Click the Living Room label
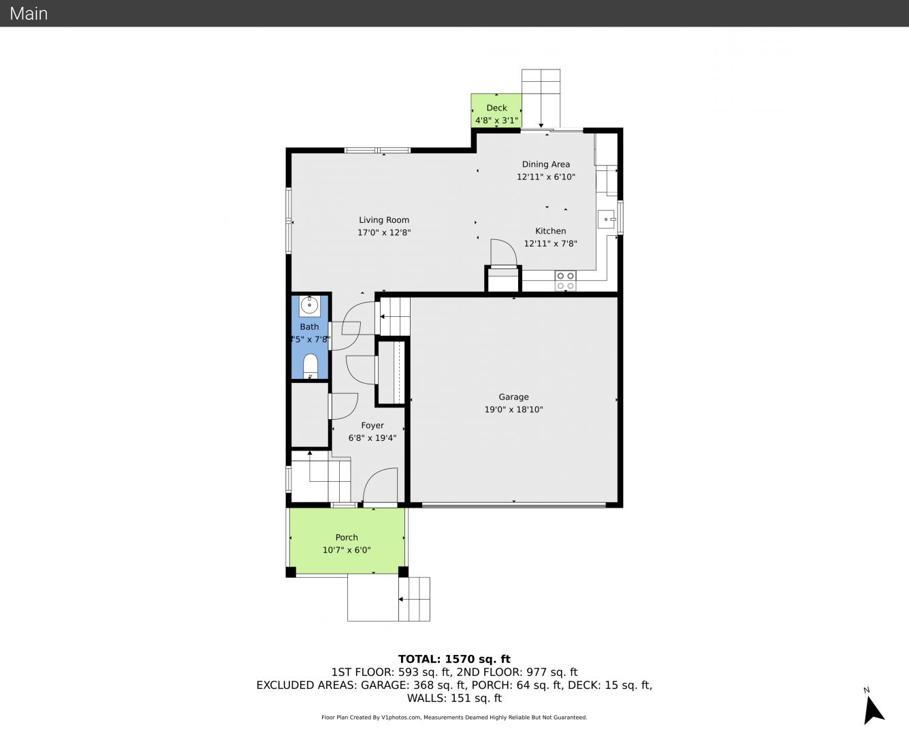tap(383, 220)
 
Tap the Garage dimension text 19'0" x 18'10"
tap(513, 409)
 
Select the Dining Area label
tap(546, 164)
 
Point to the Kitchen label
tap(551, 231)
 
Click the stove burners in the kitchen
tap(565, 281)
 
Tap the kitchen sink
tap(605, 219)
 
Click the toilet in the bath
tap(310, 366)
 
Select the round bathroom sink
tap(309, 306)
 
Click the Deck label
tap(497, 108)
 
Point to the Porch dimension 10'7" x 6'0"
tap(347, 550)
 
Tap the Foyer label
tap(372, 425)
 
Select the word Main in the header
tap(29, 14)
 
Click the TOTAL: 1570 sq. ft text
tap(454, 659)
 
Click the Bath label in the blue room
tap(309, 327)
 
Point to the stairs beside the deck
tap(541, 98)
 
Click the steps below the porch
tap(414, 599)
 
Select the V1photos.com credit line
tap(454, 717)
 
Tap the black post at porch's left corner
tap(291, 572)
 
